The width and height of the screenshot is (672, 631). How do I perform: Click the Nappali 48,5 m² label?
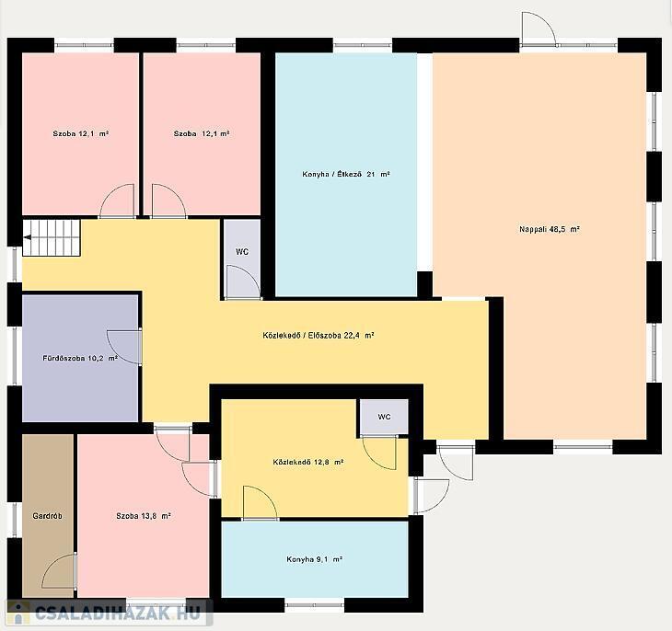pyautogui.click(x=550, y=229)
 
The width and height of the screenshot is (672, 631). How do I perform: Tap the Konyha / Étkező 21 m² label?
pyautogui.click(x=346, y=175)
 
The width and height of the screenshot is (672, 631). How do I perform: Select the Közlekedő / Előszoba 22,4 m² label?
pyautogui.click(x=319, y=336)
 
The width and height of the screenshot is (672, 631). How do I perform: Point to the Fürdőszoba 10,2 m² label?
pyautogui.click(x=80, y=358)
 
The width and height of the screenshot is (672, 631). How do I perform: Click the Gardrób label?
pyautogui.click(x=47, y=516)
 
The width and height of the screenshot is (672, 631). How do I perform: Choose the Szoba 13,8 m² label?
pyautogui.click(x=144, y=516)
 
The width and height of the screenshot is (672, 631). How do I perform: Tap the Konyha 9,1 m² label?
pyautogui.click(x=314, y=559)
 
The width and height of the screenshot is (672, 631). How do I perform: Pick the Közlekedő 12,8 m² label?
pyautogui.click(x=308, y=463)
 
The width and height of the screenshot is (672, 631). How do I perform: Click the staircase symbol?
pyautogui.click(x=52, y=237)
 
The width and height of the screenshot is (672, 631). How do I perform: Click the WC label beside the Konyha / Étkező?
pyautogui.click(x=242, y=252)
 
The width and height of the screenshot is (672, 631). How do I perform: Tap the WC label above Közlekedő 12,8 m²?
pyautogui.click(x=384, y=417)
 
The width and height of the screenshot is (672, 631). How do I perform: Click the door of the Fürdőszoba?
pyautogui.click(x=124, y=347)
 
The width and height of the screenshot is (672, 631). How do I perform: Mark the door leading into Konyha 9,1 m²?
pyautogui.click(x=261, y=503)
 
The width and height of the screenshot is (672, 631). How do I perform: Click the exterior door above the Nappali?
pyautogui.click(x=539, y=29)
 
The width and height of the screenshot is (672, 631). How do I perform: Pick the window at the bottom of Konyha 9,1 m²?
pyautogui.click(x=315, y=605)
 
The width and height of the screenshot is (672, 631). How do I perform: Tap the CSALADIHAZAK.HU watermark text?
pyautogui.click(x=118, y=613)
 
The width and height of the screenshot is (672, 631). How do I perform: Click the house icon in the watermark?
pyautogui.click(x=18, y=613)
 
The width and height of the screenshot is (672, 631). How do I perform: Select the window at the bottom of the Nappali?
pyautogui.click(x=583, y=447)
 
